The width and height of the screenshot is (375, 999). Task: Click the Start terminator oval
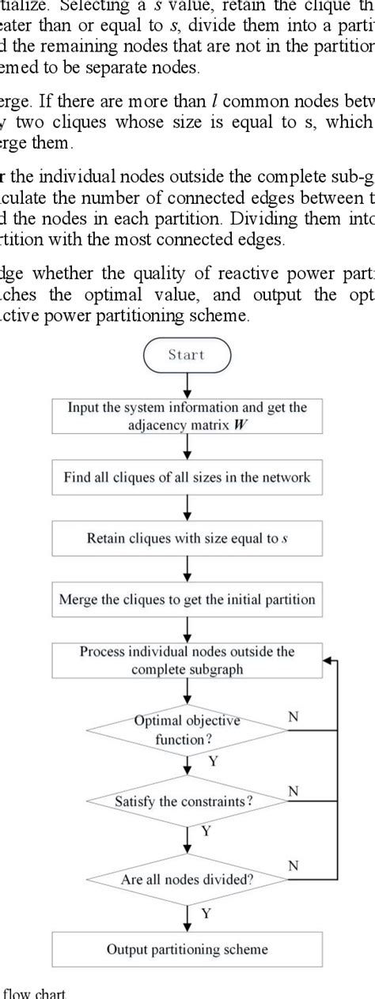(187, 355)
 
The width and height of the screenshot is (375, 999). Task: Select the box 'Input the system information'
(187, 415)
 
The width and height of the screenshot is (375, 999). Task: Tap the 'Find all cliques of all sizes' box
(187, 477)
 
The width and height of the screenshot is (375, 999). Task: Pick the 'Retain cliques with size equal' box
(187, 538)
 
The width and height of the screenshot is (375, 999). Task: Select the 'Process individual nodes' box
(187, 661)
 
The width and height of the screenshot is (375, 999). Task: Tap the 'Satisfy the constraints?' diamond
(187, 801)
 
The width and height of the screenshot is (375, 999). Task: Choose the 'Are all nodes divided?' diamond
(187, 878)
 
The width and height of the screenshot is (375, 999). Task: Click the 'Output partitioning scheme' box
(187, 949)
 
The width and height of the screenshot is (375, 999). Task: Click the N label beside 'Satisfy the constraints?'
(293, 790)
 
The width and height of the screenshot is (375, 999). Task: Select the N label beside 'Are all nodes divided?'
(293, 865)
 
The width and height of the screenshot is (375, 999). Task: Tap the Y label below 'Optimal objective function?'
(211, 761)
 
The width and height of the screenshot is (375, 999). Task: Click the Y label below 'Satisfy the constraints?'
(206, 831)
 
